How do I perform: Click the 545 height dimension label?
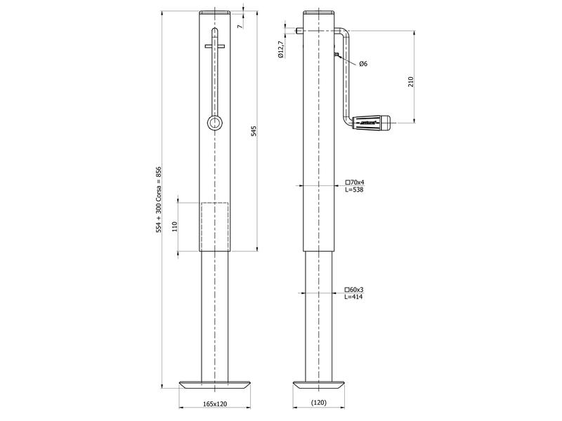(x=254, y=132)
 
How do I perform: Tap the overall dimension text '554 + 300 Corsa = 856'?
(x=159, y=199)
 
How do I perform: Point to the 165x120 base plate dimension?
(x=215, y=404)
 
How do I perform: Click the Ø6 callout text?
(x=362, y=64)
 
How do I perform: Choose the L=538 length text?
(x=354, y=189)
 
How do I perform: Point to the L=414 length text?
(x=354, y=297)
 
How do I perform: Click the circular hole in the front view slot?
(x=214, y=123)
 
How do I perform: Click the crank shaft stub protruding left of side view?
(x=300, y=30)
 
